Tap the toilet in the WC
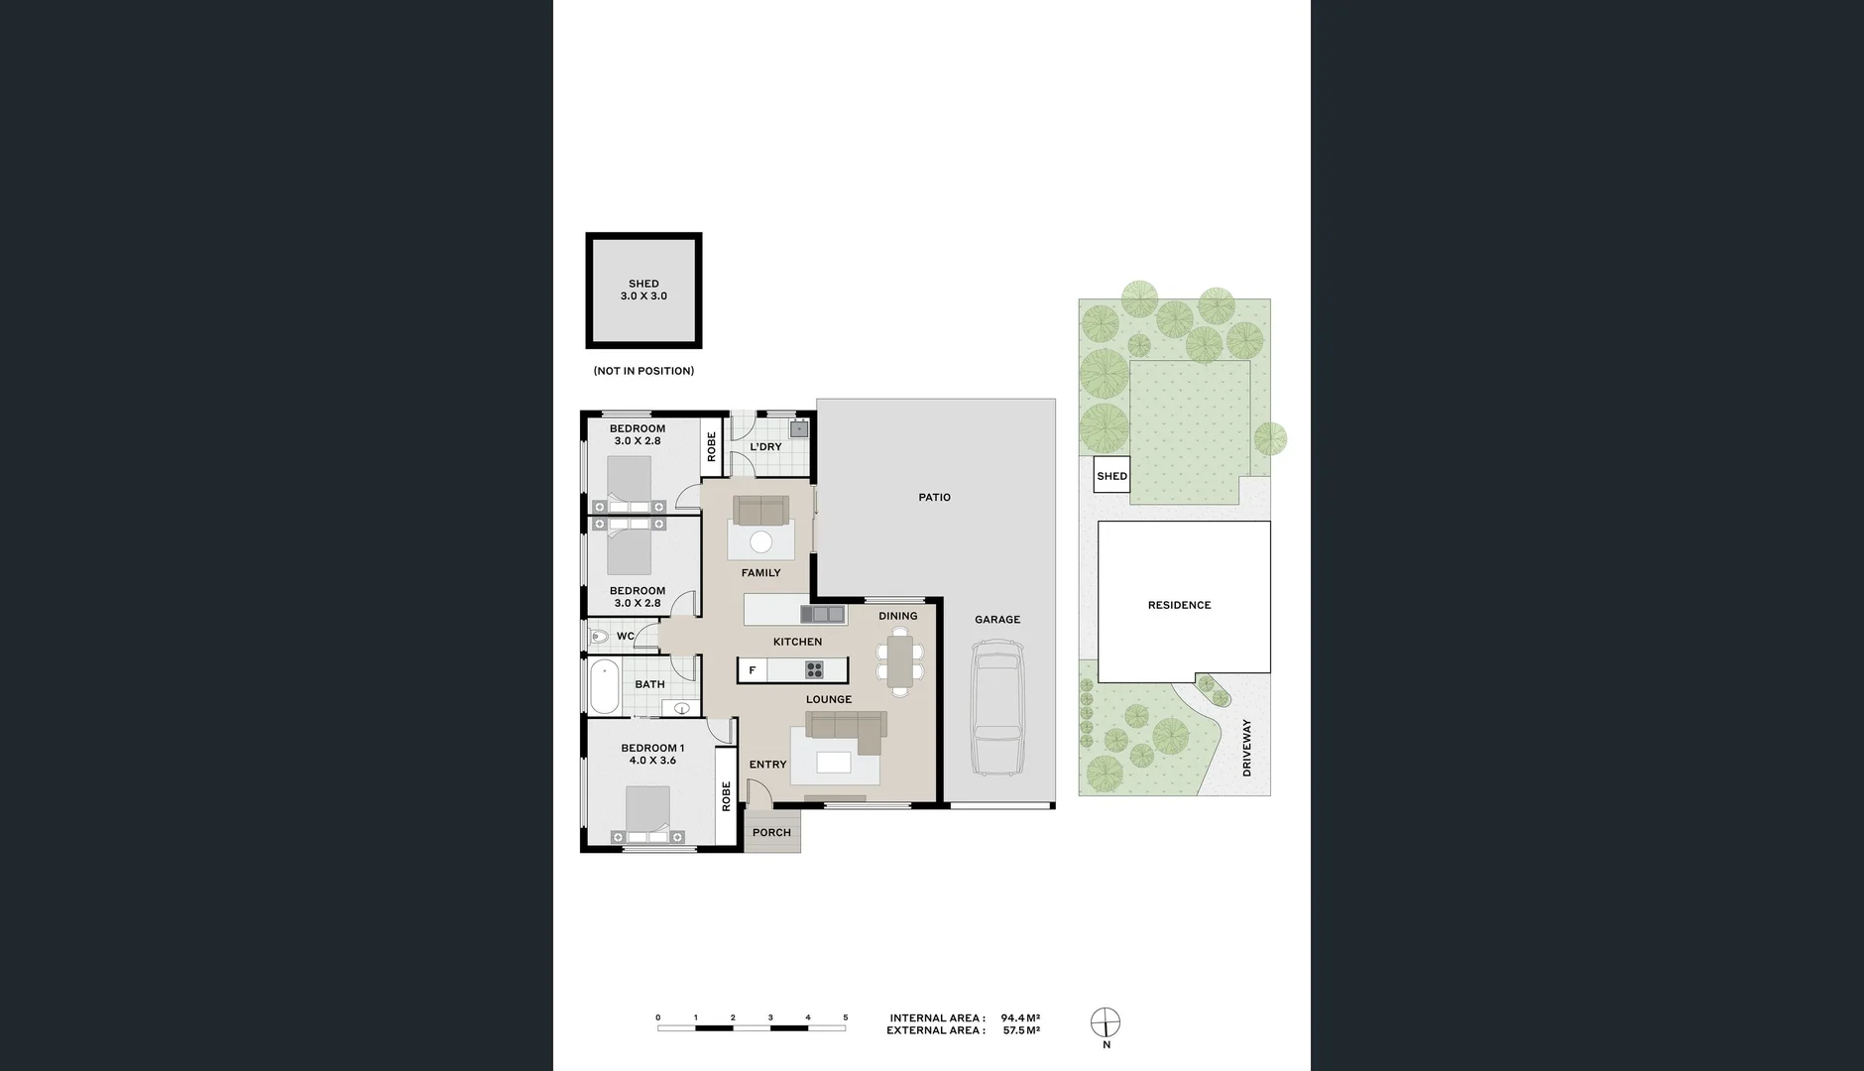click(598, 637)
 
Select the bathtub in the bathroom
click(604, 687)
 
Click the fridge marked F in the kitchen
click(753, 670)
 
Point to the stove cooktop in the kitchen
click(814, 669)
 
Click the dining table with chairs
click(900, 662)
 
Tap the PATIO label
click(934, 497)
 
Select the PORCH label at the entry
click(771, 832)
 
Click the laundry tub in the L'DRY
click(798, 428)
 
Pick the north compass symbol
click(1106, 1022)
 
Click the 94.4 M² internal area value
click(1020, 1017)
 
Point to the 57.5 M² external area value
click(1020, 1030)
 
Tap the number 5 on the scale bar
click(845, 1017)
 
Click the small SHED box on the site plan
click(1111, 476)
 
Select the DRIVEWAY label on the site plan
click(1246, 748)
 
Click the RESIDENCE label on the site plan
click(1179, 605)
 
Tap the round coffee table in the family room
click(760, 541)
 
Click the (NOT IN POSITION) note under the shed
click(643, 371)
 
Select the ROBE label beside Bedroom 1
click(726, 796)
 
